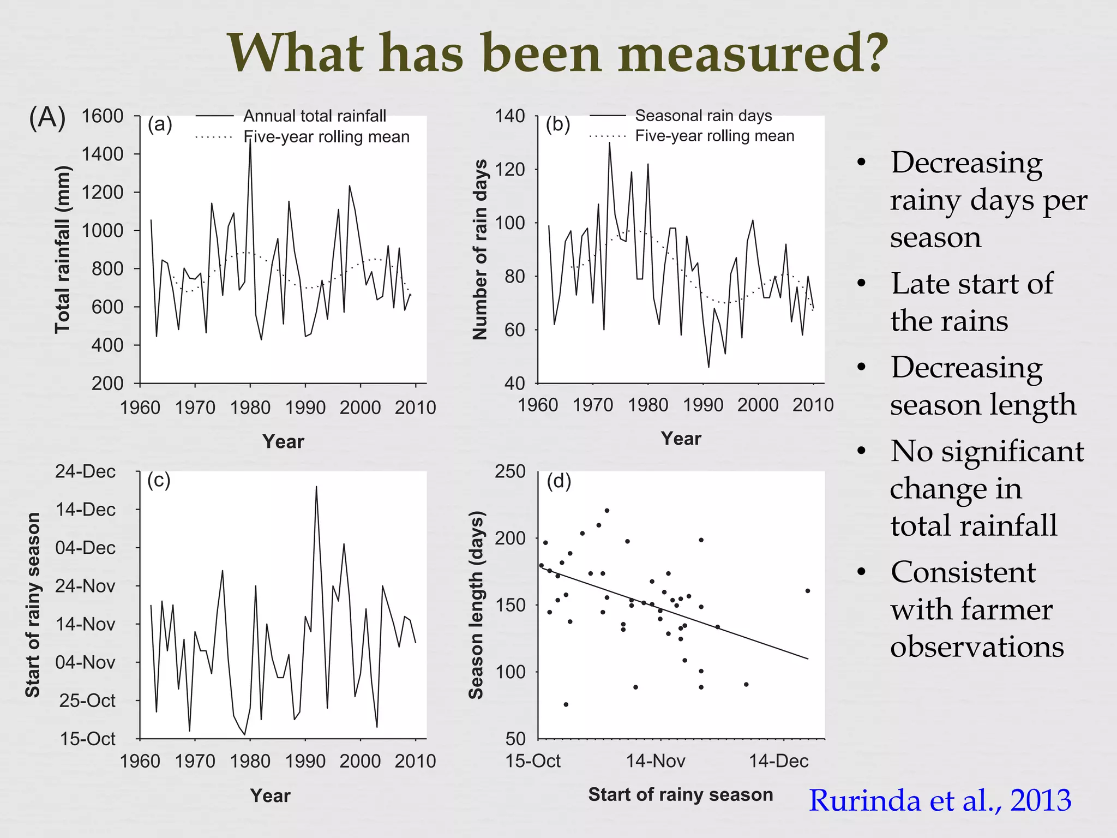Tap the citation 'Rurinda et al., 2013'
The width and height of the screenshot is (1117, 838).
pos(939,800)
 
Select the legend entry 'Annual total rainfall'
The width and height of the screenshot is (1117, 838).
pos(314,116)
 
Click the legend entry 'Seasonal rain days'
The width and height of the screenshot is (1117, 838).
pos(703,116)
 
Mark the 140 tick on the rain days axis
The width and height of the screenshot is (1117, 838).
pos(509,116)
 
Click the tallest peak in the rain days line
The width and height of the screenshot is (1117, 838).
pos(609,143)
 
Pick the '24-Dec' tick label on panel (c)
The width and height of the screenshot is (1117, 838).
pos(85,471)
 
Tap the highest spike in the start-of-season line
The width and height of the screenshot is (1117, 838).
pos(316,487)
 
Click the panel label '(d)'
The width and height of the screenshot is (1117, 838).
pos(558,481)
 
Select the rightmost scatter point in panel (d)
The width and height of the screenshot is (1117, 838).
pos(807,591)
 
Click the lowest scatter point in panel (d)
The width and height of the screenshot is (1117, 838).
pos(566,704)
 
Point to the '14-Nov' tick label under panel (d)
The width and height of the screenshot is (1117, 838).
pos(656,761)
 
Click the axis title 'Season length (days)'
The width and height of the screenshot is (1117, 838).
pos(476,604)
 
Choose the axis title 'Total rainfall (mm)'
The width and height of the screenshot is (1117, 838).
pos(63,250)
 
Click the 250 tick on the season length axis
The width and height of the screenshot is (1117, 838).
pos(509,471)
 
